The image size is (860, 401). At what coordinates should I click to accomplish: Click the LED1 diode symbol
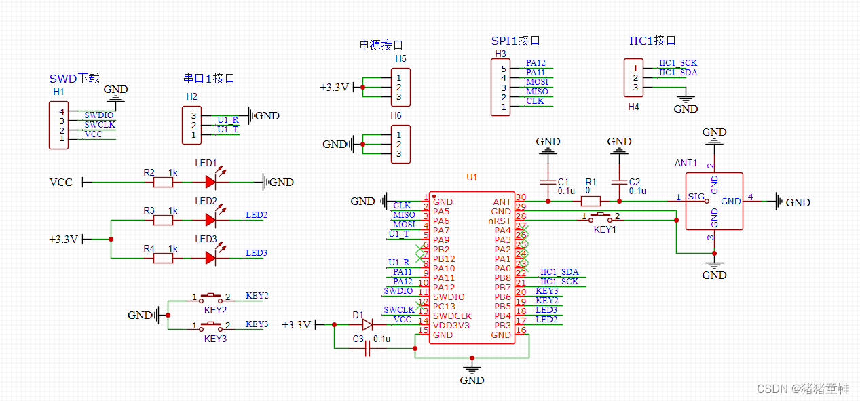(211, 182)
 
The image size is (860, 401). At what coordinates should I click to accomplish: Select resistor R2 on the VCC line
(163, 182)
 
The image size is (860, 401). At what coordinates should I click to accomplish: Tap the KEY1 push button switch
(600, 217)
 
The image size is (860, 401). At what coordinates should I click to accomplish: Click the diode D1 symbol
(367, 324)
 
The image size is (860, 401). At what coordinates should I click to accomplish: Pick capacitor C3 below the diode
(367, 349)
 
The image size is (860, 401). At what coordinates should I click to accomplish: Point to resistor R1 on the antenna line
(591, 201)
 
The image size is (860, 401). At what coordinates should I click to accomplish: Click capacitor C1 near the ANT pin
(547, 182)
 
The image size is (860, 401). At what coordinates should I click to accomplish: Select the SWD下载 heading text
(75, 79)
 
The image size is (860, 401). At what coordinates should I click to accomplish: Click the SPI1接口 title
(515, 41)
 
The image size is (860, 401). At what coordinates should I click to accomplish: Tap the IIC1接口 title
(652, 41)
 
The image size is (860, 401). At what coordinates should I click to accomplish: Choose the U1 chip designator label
(472, 177)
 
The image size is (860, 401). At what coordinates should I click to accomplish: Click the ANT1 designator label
(686, 163)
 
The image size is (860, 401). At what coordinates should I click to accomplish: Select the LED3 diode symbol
(211, 258)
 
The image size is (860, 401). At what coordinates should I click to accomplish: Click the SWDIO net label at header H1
(98, 115)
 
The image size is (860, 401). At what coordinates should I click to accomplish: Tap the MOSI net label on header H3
(537, 82)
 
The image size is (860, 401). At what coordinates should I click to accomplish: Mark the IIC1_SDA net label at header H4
(677, 73)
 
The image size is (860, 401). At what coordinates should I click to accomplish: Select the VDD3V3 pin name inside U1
(451, 325)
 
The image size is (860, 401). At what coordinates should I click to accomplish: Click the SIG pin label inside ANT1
(696, 197)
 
